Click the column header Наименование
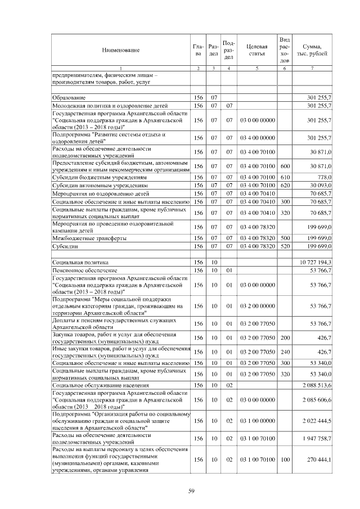point(120,50)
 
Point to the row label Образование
point(66,97)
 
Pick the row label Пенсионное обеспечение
point(79,270)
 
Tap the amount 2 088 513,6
point(316,385)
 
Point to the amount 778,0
point(323,177)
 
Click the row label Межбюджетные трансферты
point(89,238)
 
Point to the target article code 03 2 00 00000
point(256,306)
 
